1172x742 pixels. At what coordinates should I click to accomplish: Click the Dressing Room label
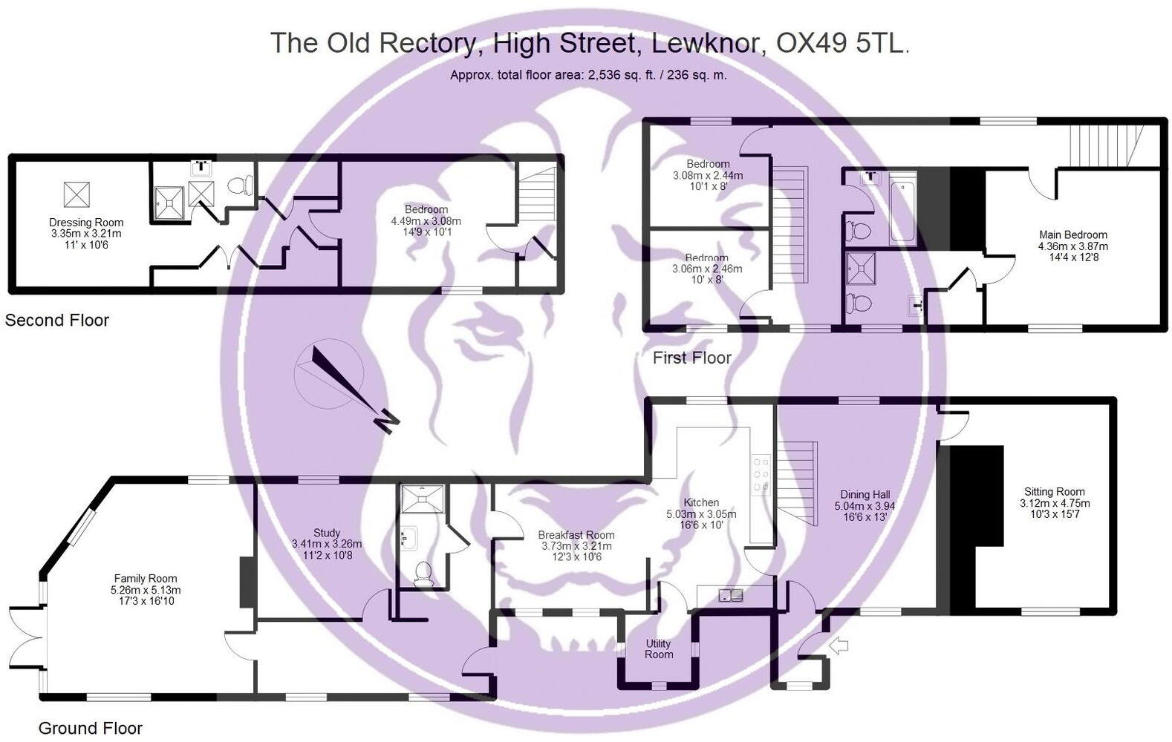[x=86, y=223]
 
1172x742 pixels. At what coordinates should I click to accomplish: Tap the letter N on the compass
[x=385, y=422]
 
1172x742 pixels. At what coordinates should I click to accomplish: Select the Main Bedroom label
[x=1072, y=235]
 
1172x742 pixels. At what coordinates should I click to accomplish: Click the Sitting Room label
[x=1054, y=492]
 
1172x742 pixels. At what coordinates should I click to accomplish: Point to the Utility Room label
[x=658, y=649]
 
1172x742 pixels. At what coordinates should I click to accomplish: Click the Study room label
[x=327, y=533]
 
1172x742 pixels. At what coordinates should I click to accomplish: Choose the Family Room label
[x=146, y=579]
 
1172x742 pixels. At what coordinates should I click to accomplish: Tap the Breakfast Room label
[x=576, y=535]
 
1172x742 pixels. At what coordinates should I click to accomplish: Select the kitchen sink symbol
[x=731, y=594]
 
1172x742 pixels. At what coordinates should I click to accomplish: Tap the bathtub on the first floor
[x=903, y=209]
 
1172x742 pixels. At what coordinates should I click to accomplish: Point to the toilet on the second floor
[x=240, y=185]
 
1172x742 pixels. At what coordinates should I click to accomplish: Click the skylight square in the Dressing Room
[x=76, y=194]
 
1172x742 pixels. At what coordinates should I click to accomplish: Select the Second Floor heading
[x=57, y=321]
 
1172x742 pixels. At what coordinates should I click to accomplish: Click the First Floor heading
[x=691, y=358]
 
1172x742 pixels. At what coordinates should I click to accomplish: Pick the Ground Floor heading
[x=90, y=728]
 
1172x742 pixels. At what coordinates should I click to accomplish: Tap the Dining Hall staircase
[x=797, y=482]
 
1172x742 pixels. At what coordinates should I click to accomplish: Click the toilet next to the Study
[x=423, y=574]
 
